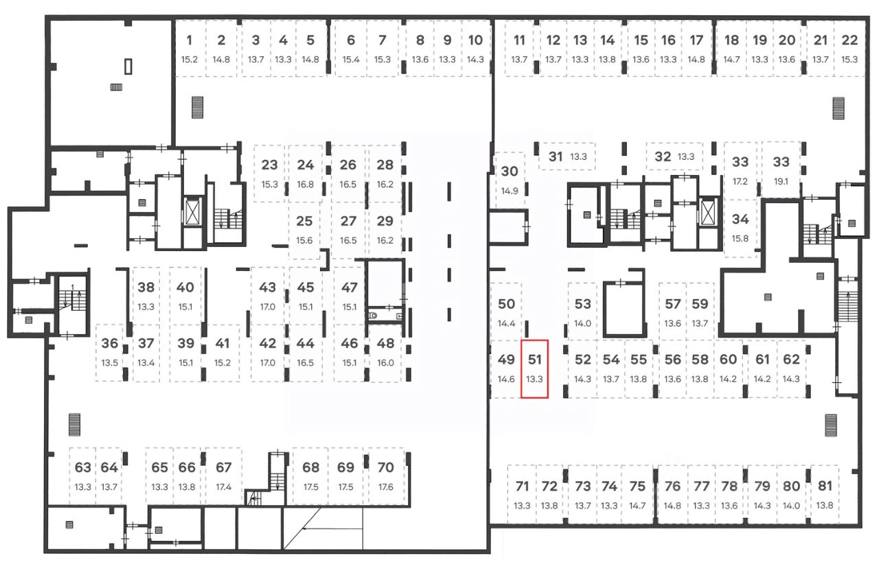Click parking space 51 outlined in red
(534, 368)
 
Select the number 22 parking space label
(849, 40)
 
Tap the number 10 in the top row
(475, 40)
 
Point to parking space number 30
(510, 172)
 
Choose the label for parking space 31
(556, 156)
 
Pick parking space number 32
(662, 156)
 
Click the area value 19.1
(781, 183)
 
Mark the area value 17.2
(740, 183)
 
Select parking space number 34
(740, 220)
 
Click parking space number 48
(386, 344)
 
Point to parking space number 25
(304, 222)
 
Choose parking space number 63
(83, 468)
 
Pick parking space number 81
(825, 487)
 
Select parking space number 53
(582, 304)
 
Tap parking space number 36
(110, 344)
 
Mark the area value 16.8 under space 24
(306, 184)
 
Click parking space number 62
(791, 360)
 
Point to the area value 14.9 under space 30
(510, 191)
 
